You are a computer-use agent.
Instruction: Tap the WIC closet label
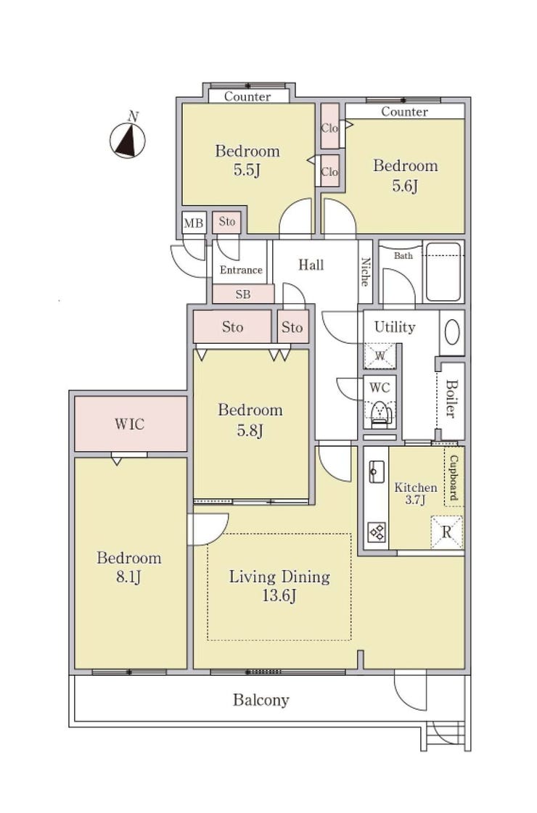(130, 424)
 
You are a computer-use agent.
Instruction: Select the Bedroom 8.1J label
(128, 567)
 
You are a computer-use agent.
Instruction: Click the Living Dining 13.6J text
(279, 586)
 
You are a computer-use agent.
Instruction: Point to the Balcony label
(261, 700)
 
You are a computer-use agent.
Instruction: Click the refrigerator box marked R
(446, 532)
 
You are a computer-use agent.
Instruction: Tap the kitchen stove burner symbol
(377, 532)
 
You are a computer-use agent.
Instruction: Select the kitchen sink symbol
(377, 471)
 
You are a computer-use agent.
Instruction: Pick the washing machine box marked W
(380, 356)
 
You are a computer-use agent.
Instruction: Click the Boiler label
(451, 399)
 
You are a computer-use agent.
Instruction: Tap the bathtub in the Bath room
(443, 272)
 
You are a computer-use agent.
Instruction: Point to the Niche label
(365, 272)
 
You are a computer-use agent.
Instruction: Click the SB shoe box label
(243, 294)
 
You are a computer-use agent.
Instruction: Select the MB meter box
(194, 223)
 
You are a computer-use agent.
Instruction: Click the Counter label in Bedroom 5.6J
(405, 112)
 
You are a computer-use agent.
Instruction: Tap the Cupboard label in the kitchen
(454, 477)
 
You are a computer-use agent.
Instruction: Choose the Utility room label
(395, 327)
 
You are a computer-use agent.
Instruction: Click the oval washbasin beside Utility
(452, 332)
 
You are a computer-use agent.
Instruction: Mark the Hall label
(311, 265)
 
